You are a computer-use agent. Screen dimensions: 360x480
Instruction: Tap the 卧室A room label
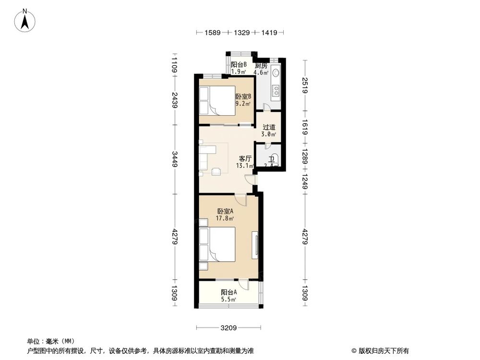pos(225,211)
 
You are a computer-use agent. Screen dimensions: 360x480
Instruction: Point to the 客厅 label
pos(245,158)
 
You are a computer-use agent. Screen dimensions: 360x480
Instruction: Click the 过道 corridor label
pos(269,127)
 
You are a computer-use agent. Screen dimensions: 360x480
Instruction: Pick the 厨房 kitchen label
pos(261,65)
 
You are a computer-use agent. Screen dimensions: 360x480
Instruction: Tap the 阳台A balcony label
pos(228,292)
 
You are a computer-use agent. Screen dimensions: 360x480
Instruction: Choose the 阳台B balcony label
pos(239,65)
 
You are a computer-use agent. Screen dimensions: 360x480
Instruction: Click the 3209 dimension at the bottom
pos(229,328)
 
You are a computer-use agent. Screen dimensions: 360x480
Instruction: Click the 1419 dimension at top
pos(269,33)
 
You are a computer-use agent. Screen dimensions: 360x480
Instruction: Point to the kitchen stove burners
pos(276,90)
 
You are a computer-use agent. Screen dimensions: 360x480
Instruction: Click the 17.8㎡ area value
pos(225,218)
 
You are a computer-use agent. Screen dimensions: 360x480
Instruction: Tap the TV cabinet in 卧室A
pos(254,245)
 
